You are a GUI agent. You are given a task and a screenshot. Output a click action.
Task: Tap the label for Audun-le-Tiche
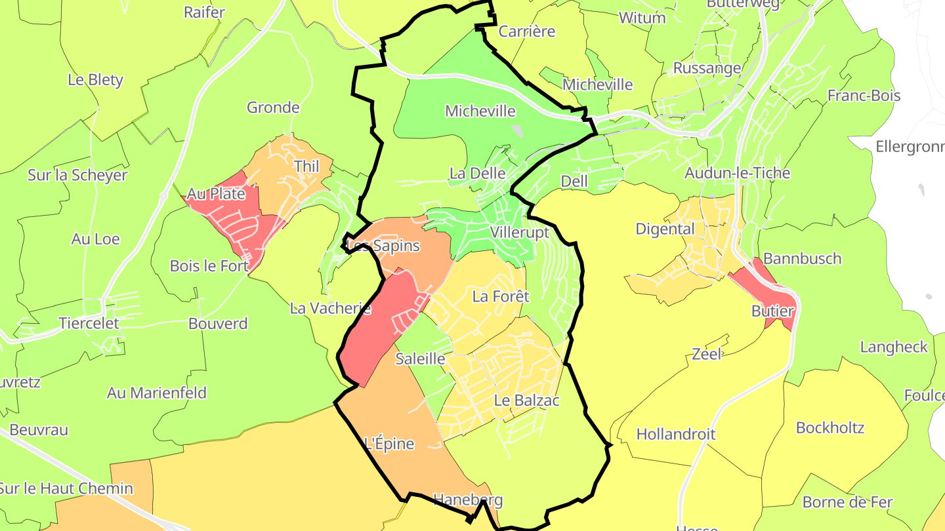pyautogui.click(x=737, y=173)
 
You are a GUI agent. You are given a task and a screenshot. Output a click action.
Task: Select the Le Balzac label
pyautogui.click(x=526, y=401)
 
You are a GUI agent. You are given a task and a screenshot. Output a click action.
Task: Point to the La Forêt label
pyautogui.click(x=500, y=297)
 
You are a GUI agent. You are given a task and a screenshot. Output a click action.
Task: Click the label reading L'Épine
pyautogui.click(x=389, y=444)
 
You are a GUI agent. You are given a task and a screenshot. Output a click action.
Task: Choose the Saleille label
pyautogui.click(x=420, y=359)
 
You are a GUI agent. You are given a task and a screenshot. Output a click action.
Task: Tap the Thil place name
pyautogui.click(x=306, y=167)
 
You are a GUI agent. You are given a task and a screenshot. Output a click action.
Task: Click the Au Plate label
pyautogui.click(x=216, y=194)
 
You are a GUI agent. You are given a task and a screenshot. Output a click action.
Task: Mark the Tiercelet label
pyautogui.click(x=89, y=323)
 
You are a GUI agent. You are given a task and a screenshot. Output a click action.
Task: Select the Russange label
pyautogui.click(x=707, y=68)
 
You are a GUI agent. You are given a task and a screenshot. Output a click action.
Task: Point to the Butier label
pyautogui.click(x=772, y=311)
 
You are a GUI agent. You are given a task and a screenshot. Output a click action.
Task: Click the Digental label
pyautogui.click(x=665, y=229)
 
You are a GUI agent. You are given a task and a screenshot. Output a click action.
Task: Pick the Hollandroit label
pyautogui.click(x=675, y=434)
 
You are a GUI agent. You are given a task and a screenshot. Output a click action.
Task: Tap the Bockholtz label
pyautogui.click(x=829, y=428)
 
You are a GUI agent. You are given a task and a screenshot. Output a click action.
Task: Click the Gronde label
pyautogui.click(x=273, y=108)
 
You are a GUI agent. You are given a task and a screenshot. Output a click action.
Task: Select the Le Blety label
pyautogui.click(x=95, y=80)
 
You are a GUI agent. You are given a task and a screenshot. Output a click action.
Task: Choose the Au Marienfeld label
pyautogui.click(x=157, y=393)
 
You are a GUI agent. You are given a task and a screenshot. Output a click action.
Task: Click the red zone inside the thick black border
pyautogui.click(x=377, y=328)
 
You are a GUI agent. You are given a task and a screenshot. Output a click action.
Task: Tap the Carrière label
pyautogui.click(x=527, y=31)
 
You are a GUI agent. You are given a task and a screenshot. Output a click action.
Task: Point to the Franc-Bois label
pyautogui.click(x=864, y=96)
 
